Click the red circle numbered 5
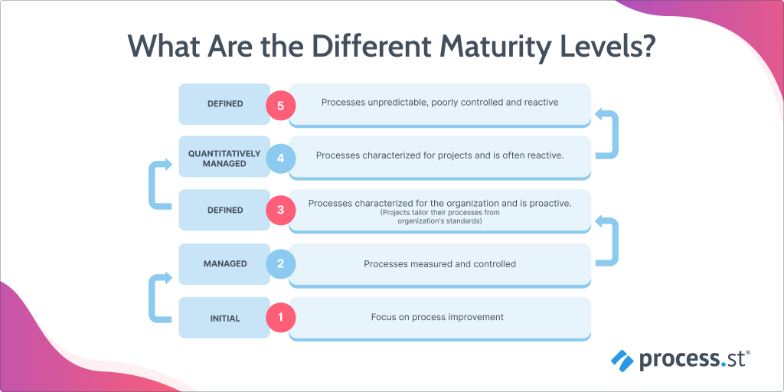point(280,106)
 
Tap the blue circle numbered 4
point(280,158)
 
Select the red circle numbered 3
point(280,211)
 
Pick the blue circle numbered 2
point(280,264)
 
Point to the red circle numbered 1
point(280,317)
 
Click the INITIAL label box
point(224,318)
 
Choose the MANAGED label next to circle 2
point(224,264)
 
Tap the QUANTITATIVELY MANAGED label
point(224,158)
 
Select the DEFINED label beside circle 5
point(224,104)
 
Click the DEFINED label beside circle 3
point(224,211)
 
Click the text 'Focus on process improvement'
point(437,317)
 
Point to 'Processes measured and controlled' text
point(439,264)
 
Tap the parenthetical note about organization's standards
point(439,217)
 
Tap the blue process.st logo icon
point(622,358)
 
